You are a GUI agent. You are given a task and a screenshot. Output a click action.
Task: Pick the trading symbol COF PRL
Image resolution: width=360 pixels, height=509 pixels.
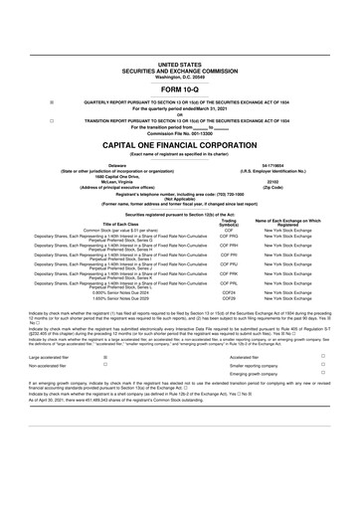pyautogui.click(x=230, y=284)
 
